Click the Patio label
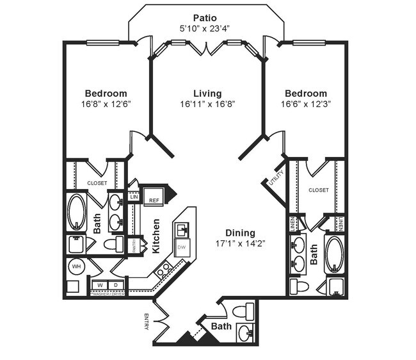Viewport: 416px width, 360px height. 207,17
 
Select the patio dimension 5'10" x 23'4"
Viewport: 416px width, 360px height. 207,28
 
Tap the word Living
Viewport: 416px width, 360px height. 207,94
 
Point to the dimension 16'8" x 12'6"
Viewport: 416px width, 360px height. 106,104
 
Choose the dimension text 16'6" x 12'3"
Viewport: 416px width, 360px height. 306,104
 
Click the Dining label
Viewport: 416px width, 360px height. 240,233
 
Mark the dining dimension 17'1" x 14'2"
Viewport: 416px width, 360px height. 240,243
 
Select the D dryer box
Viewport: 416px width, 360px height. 115,284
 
